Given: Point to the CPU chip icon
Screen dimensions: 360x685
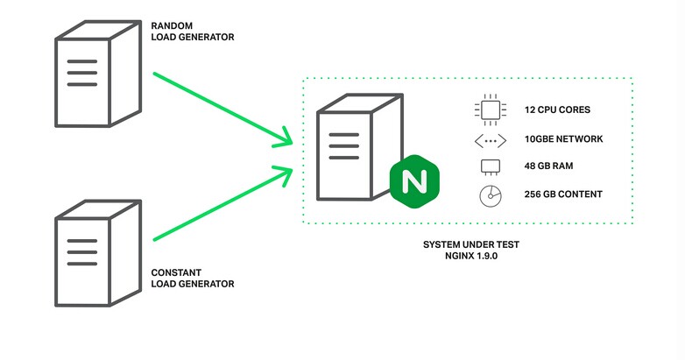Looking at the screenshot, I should tap(490, 110).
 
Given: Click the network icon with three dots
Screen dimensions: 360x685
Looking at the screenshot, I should tap(490, 139).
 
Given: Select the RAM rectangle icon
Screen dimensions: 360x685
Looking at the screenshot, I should tap(490, 166).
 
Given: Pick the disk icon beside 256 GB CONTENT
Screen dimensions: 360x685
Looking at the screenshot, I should tap(490, 195).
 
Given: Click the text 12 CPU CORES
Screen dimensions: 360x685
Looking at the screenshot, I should tap(557, 111).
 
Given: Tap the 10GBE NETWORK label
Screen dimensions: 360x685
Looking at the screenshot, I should tap(563, 139).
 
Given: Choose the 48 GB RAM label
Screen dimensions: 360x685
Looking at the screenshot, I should tap(550, 166).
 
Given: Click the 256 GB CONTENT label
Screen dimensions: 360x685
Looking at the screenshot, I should tap(563, 194).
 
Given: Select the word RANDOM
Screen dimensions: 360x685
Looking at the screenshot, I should tap(170, 25).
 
